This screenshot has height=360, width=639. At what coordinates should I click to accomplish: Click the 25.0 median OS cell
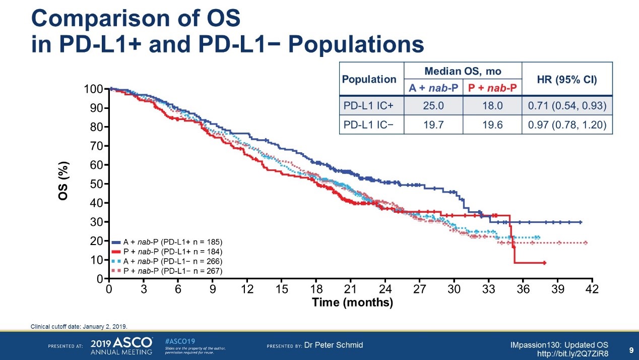[x=433, y=105]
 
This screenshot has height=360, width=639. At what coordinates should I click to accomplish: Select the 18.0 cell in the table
[x=492, y=105]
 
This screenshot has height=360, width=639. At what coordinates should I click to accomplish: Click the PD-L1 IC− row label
[x=371, y=125]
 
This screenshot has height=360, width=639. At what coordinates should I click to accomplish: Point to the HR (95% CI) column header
[x=567, y=79]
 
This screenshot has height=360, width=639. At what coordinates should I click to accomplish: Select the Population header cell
[x=371, y=79]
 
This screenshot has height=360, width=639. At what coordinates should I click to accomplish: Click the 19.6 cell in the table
[x=492, y=125]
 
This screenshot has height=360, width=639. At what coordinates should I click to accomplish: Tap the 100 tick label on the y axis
[x=94, y=89]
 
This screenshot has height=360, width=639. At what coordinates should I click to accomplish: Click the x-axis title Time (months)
[x=352, y=303]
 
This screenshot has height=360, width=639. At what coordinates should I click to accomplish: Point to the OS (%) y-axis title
[x=63, y=181]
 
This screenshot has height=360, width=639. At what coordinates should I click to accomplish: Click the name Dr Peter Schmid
[x=334, y=345]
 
